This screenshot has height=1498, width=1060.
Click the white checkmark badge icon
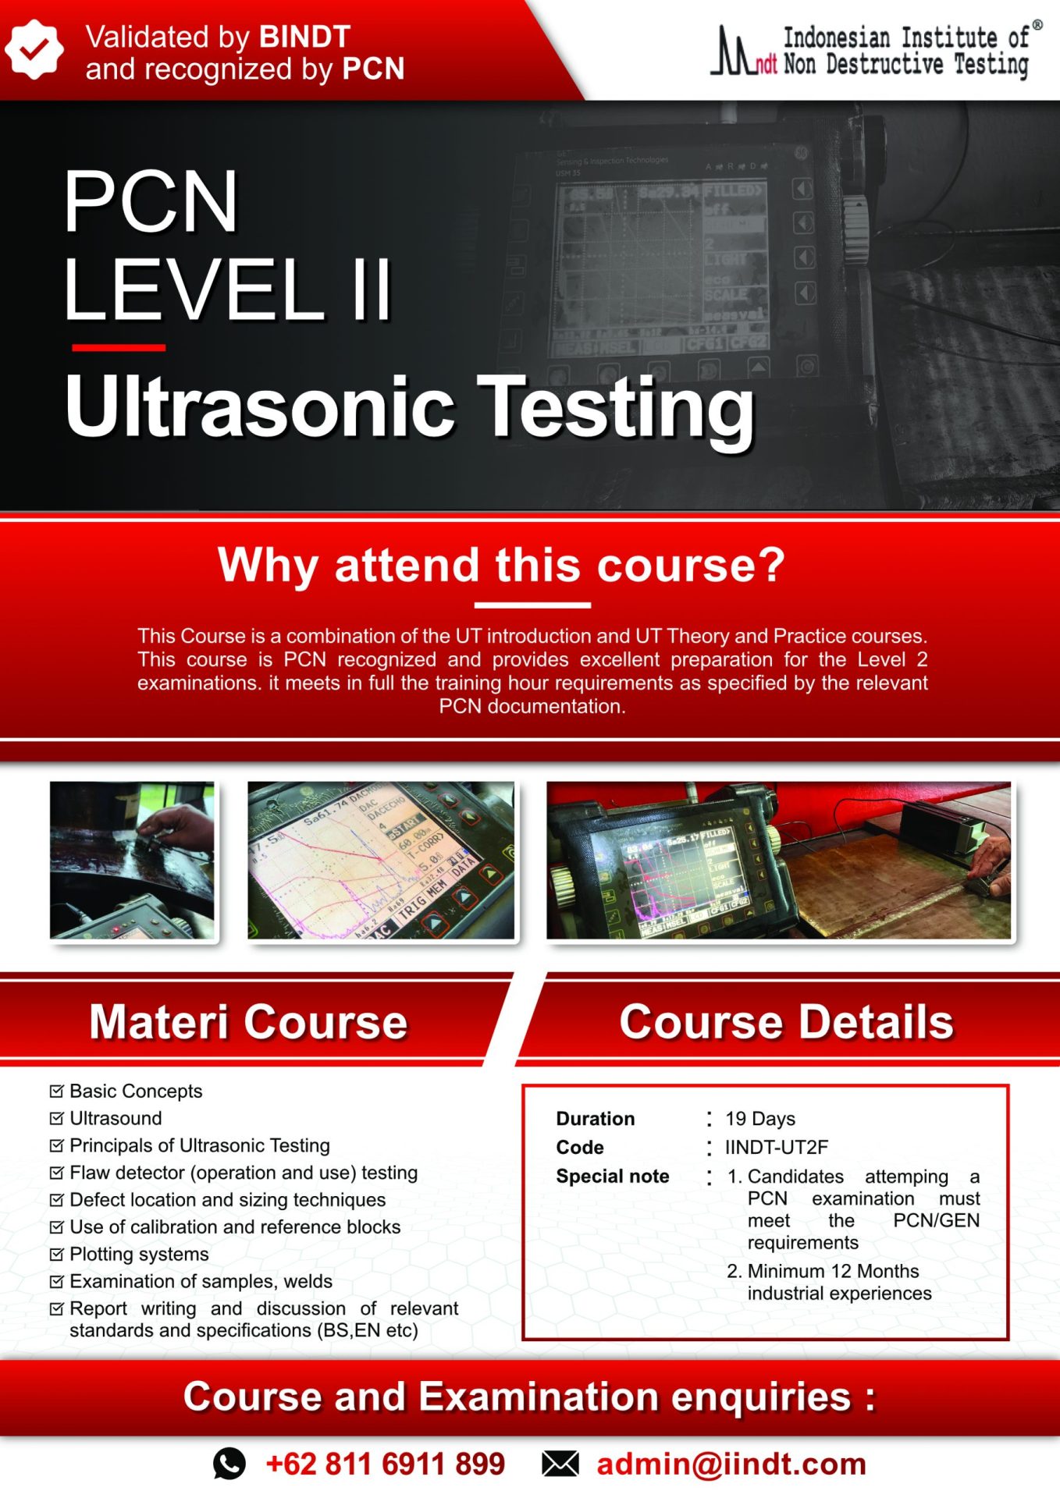33,49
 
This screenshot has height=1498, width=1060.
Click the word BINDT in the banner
304,37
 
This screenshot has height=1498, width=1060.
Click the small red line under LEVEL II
119,347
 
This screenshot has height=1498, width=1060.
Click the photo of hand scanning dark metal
132,860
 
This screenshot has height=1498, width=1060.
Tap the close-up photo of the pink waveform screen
381,860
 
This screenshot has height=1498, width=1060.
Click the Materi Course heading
248,1021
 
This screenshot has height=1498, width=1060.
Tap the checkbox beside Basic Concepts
56,1091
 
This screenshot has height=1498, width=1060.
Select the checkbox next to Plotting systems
56,1254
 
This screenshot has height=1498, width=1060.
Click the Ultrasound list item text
116,1118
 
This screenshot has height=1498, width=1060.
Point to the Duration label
595,1119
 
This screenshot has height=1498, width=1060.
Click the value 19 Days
760,1119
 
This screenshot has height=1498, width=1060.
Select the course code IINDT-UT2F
776,1147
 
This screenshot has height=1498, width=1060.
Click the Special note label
612,1176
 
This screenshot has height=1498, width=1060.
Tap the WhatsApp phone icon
229,1464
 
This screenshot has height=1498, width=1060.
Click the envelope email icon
560,1464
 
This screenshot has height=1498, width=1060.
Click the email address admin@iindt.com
731,1464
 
